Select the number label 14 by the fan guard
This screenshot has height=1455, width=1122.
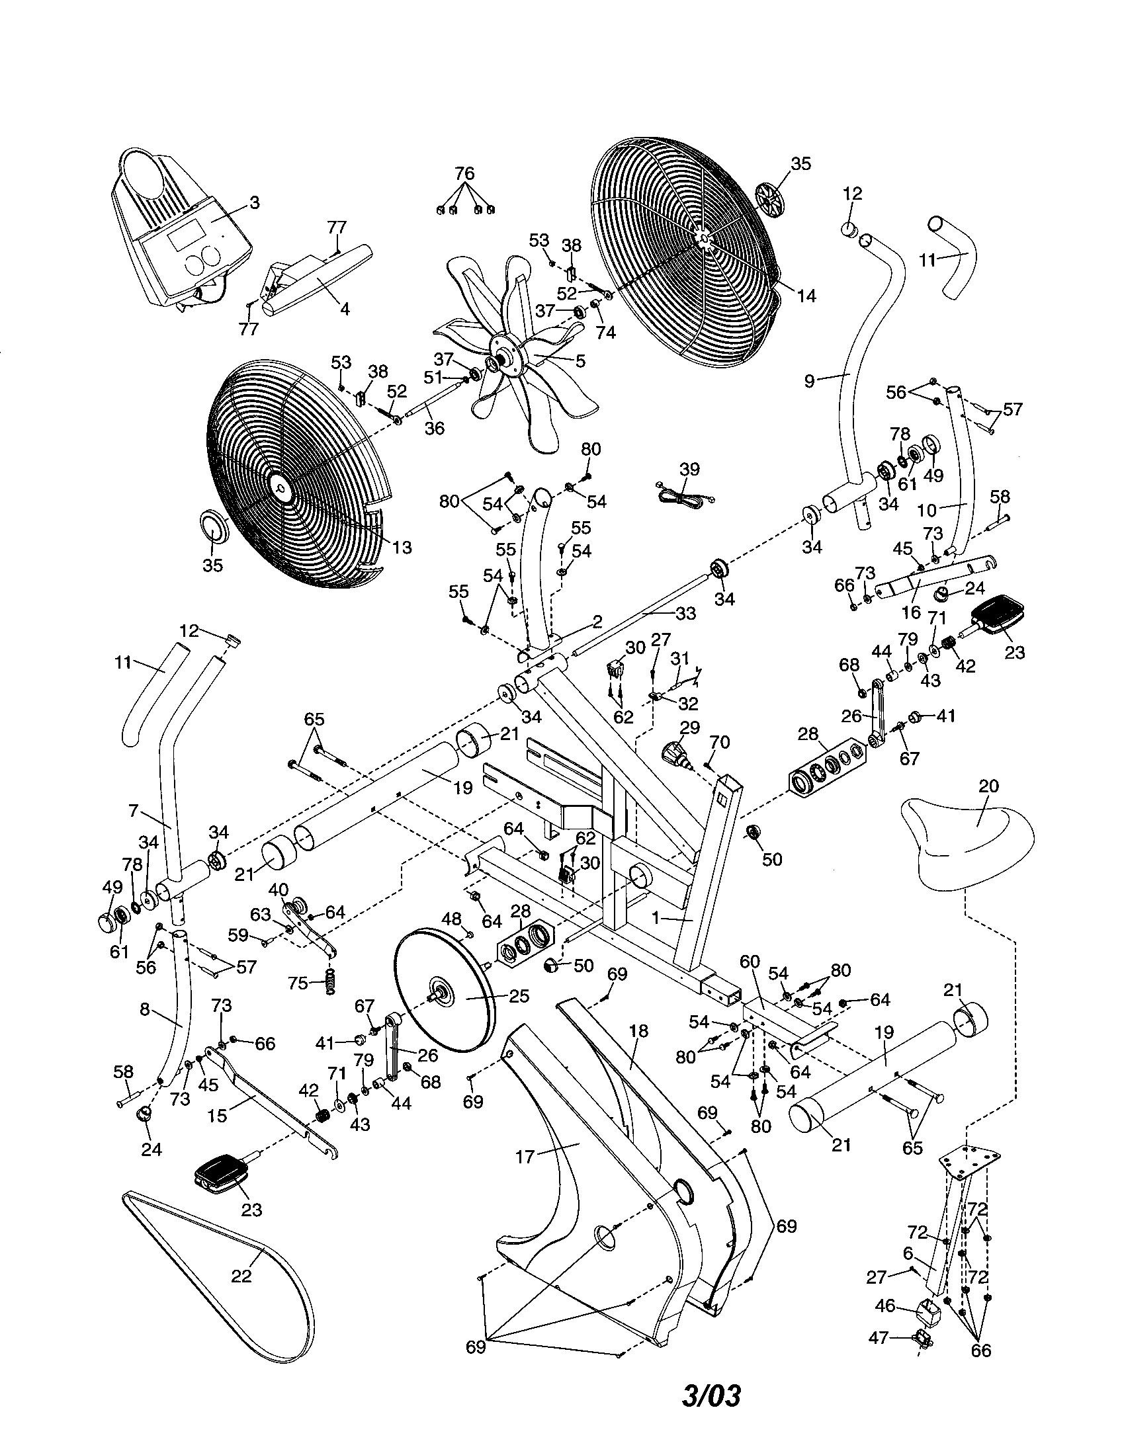(806, 295)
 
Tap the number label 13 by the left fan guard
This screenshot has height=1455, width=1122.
(402, 548)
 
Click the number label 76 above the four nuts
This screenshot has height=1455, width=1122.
(464, 174)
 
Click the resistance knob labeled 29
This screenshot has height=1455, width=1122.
(675, 755)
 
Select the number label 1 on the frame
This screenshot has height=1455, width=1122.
(656, 918)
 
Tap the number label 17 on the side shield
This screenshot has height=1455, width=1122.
(525, 1157)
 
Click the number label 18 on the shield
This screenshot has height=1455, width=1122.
(638, 1032)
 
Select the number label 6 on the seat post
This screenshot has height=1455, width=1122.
(908, 1253)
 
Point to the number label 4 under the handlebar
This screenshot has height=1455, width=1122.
(345, 309)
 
